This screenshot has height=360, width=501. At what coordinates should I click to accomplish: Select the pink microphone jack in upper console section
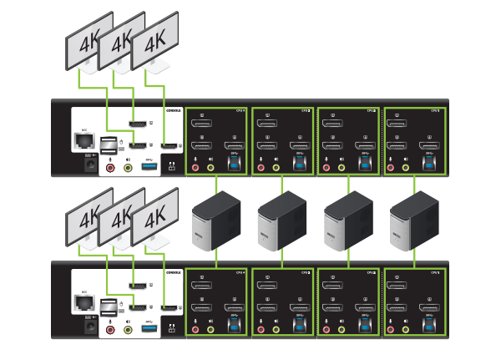(x=111, y=167)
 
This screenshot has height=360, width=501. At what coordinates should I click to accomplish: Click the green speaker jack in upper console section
(x=129, y=167)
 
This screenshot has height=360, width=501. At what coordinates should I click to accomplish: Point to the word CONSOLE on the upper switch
(x=173, y=109)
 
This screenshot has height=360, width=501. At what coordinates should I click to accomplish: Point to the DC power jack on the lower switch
(x=84, y=326)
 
